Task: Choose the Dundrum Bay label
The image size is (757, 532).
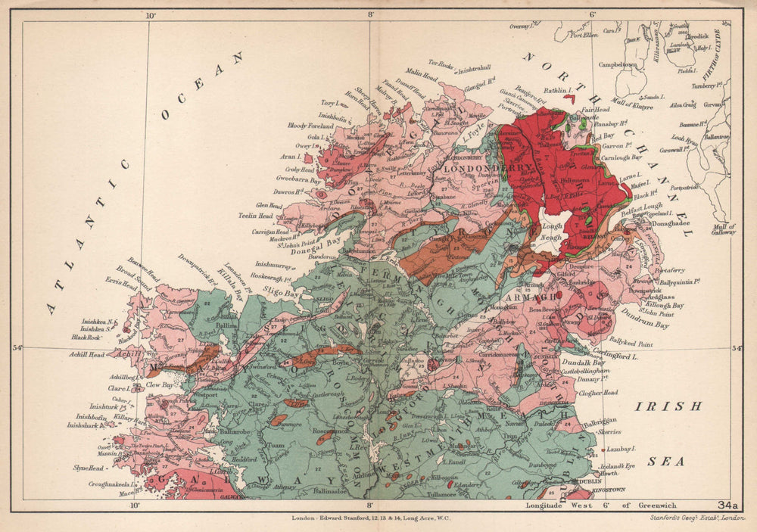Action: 649,325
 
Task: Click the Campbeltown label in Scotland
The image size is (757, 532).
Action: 618,65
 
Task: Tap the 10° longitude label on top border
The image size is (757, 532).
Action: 150,15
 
